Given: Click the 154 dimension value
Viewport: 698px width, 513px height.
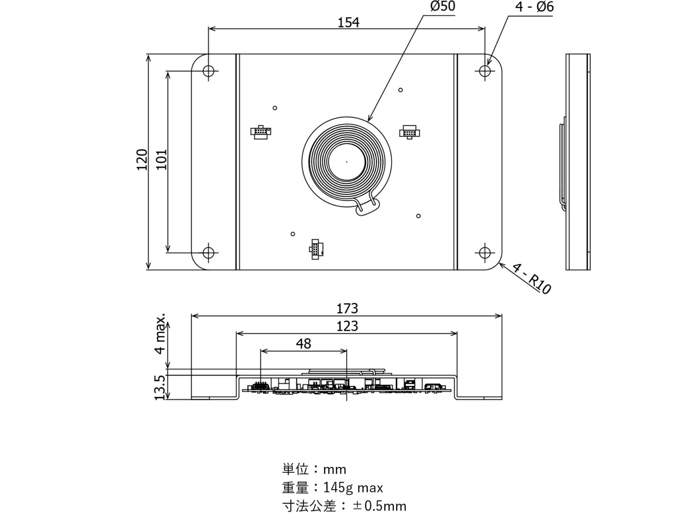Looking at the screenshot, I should pos(348,22).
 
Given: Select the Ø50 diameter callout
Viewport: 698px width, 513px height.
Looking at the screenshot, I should pos(442,7).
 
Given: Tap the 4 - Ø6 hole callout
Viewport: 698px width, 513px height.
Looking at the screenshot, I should pos(534,7).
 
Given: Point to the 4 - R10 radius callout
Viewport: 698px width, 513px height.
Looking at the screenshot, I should pos(532,278).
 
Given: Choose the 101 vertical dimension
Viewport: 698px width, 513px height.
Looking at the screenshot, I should pos(162,160).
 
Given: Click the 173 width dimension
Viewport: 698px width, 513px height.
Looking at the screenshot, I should pos(347,308).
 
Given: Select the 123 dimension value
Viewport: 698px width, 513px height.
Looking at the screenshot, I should pos(347,326).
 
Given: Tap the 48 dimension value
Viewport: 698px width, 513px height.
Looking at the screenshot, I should pos(304,344).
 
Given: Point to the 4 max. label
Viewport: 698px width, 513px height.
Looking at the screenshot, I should pos(161,334).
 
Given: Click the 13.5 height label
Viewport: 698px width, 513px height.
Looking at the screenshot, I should pos(161,387).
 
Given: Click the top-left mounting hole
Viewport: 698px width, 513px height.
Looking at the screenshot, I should pos(208,71).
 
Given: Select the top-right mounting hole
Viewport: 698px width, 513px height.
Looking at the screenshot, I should pos(485,71).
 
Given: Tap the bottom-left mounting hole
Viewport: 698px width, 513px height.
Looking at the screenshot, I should pos(208,252).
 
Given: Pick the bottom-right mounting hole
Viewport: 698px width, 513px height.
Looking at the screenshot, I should pos(485,252).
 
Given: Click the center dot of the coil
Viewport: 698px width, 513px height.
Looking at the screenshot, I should pos(347,162).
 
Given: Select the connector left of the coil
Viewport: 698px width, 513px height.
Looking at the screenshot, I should pos(261,132).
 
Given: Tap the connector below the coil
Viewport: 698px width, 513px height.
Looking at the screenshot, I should pos(316,249).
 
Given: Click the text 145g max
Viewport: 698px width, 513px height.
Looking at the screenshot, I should pos(353,488).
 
